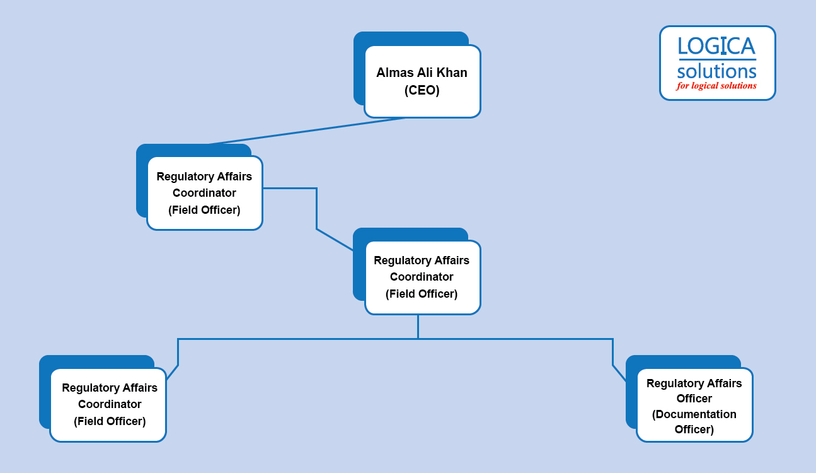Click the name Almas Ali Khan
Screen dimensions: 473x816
tap(422, 73)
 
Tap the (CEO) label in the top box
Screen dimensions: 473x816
tap(422, 90)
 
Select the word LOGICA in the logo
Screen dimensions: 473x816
tap(716, 47)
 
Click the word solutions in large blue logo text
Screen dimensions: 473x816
tap(716, 71)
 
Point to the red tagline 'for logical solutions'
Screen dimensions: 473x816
tap(716, 86)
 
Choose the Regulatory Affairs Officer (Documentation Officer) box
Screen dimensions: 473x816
tap(694, 405)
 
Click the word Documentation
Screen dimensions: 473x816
tap(694, 414)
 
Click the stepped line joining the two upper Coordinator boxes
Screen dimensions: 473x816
tap(316, 208)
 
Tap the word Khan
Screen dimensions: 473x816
tap(453, 73)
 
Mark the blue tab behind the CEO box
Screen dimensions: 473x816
tap(410, 38)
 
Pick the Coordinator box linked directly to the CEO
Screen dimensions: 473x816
tap(204, 193)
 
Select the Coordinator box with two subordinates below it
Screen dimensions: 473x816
tap(422, 277)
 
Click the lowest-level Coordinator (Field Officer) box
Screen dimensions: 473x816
tap(108, 404)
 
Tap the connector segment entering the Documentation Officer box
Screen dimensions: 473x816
tap(619, 373)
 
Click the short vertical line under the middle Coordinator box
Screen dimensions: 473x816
tap(418, 327)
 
